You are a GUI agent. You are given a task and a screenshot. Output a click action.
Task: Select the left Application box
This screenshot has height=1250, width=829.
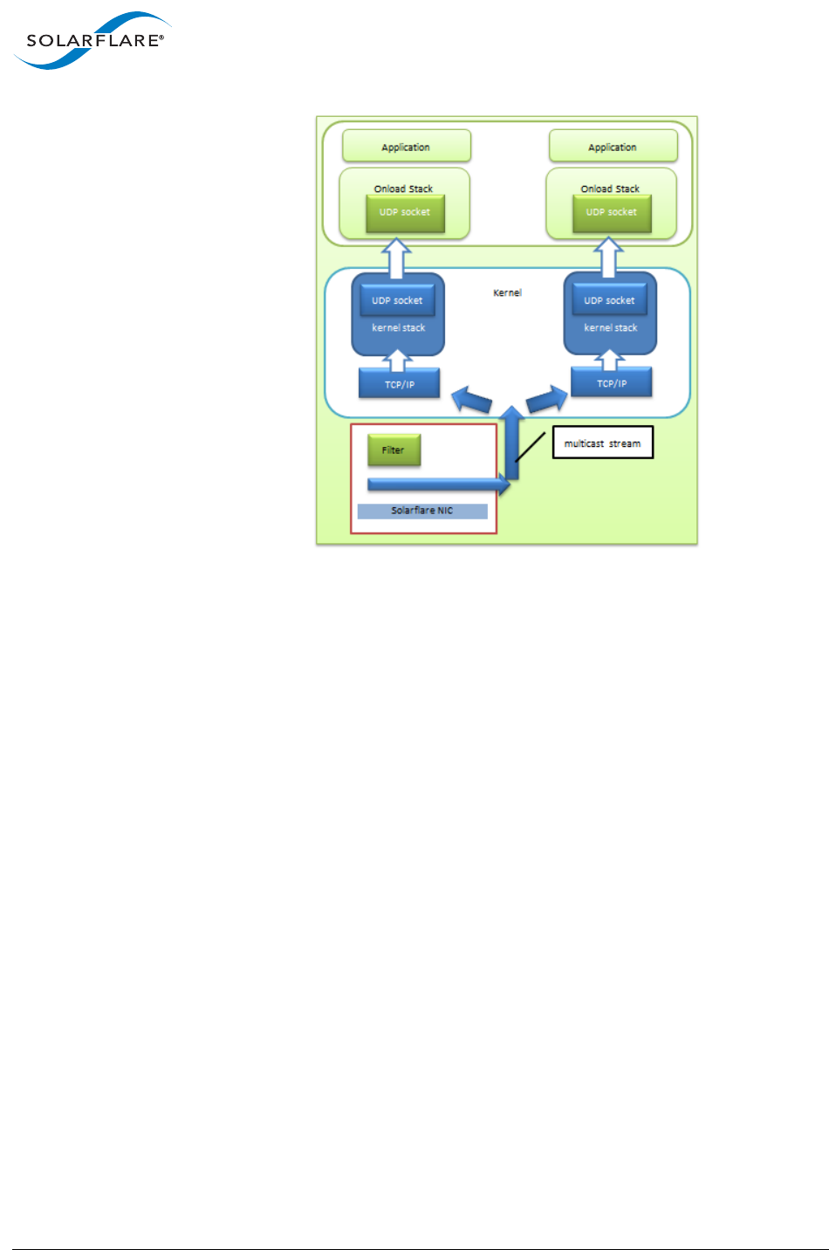406,147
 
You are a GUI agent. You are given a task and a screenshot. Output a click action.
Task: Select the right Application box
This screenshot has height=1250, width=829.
613,147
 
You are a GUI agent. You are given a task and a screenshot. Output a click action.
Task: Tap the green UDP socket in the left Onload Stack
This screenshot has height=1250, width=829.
405,213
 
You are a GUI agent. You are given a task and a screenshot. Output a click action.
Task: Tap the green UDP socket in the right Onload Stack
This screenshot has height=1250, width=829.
611,213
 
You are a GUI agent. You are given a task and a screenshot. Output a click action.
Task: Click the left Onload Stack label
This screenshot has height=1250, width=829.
403,189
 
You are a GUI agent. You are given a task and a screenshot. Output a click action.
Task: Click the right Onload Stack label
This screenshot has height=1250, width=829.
610,189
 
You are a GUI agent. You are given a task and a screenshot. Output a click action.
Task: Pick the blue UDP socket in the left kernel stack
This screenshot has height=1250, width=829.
397,300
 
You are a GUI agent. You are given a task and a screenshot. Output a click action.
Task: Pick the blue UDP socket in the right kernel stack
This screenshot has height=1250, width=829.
609,300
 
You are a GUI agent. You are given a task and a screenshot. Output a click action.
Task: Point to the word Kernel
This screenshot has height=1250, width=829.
507,292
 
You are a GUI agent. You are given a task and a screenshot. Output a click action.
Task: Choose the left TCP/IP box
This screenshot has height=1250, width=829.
399,384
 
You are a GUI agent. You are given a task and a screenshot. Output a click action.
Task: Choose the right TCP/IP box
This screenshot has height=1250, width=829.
611,383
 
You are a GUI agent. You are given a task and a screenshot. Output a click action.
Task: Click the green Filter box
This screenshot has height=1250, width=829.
394,450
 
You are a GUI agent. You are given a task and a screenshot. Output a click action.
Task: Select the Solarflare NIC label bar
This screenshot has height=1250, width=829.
422,511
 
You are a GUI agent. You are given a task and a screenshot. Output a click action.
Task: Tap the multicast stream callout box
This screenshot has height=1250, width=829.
602,443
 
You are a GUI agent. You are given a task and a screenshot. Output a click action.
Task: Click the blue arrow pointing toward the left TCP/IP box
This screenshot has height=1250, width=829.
471,401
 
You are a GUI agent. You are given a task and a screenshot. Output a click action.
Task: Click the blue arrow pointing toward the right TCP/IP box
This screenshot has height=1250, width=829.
547,400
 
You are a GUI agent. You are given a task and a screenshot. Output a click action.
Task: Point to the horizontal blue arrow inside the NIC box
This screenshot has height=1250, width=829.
436,484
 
